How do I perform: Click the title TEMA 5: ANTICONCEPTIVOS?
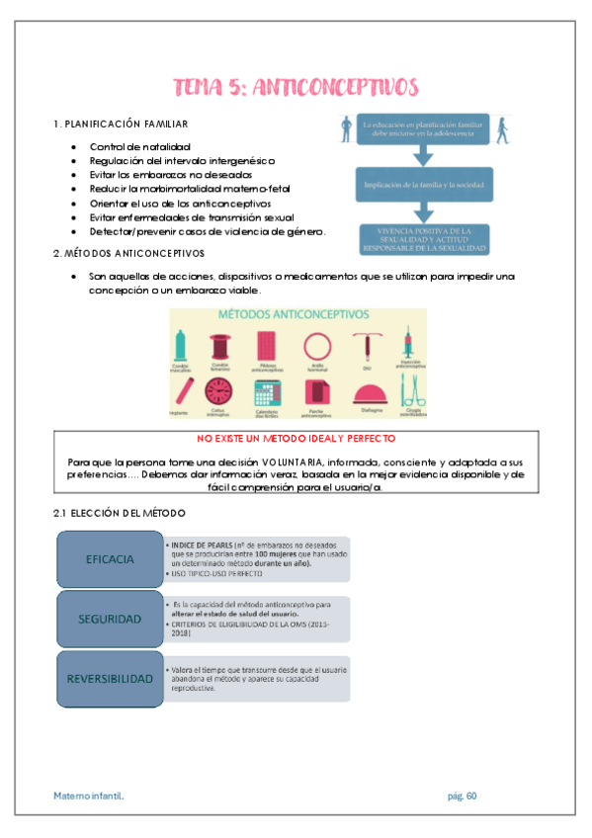(x=296, y=87)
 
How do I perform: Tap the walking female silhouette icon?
(x=504, y=128)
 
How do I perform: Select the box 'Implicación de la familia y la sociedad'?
(x=425, y=185)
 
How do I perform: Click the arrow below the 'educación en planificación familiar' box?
(x=425, y=154)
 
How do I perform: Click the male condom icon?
(x=182, y=343)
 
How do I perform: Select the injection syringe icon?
(x=407, y=343)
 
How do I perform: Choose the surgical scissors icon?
(x=409, y=389)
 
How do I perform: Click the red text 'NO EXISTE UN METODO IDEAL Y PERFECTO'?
(x=296, y=438)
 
